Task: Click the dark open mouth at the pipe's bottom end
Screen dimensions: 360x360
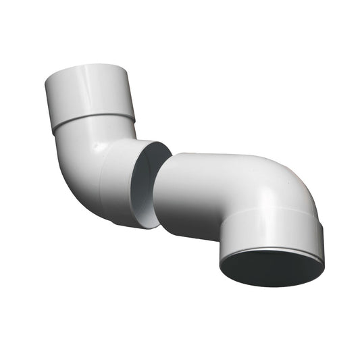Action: pyautogui.click(x=272, y=268)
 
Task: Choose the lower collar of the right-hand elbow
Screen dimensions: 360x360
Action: pyautogui.click(x=270, y=230)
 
